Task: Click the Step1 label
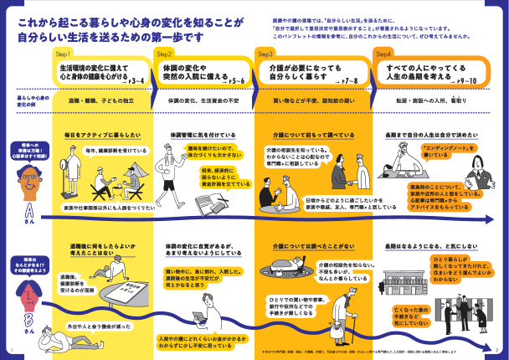(x=64, y=53)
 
